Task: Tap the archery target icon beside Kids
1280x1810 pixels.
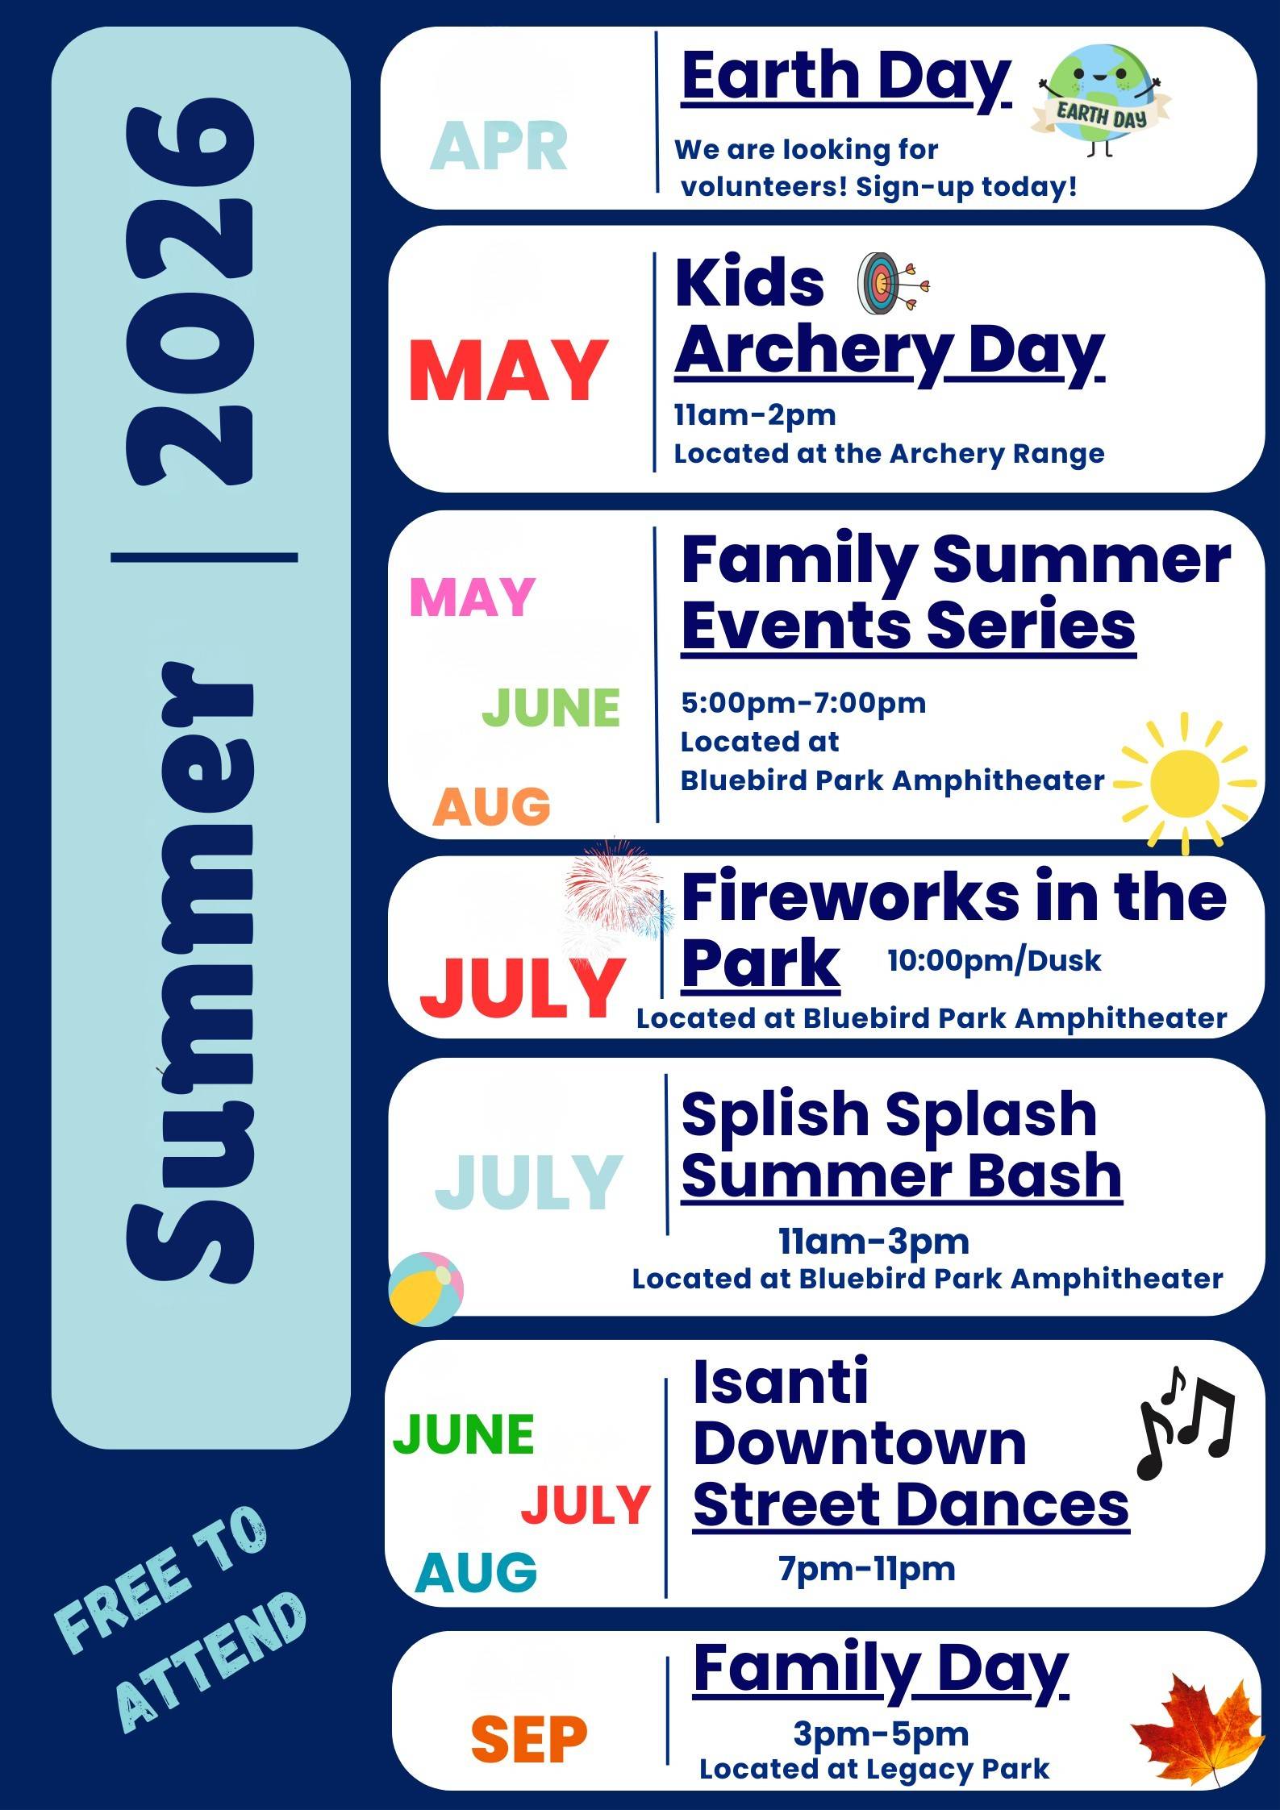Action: (x=891, y=284)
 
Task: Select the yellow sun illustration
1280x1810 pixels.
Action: (x=1184, y=783)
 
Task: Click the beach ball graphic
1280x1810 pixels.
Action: (x=426, y=1288)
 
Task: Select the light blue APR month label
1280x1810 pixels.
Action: (x=498, y=147)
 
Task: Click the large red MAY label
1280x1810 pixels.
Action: (x=508, y=371)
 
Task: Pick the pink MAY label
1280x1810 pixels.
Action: (x=473, y=597)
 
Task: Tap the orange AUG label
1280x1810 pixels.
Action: (x=491, y=807)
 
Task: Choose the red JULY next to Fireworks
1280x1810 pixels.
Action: (x=522, y=988)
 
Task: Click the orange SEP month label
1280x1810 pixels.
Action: (x=529, y=1740)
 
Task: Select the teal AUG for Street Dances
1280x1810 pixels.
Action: (x=476, y=1572)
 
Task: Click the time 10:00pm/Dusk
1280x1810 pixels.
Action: (x=994, y=960)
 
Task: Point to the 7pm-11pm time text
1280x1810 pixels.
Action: (x=866, y=1568)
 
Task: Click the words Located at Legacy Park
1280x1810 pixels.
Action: (x=874, y=1770)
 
